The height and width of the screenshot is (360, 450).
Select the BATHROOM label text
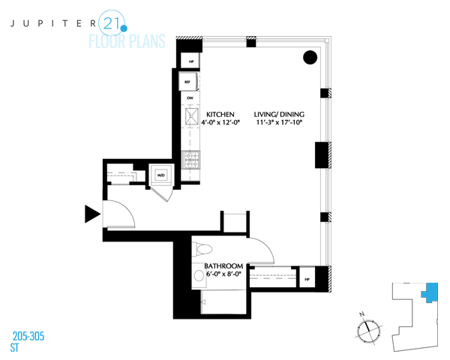223,266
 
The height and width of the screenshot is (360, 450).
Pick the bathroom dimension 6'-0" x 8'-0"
223,276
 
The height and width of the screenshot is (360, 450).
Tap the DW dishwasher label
190,98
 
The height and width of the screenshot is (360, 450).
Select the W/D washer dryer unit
160,176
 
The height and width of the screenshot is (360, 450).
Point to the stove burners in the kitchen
191,160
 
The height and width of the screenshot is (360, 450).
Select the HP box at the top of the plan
191,62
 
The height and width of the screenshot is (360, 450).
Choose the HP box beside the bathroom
307,280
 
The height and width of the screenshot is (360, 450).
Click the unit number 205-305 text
28,336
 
